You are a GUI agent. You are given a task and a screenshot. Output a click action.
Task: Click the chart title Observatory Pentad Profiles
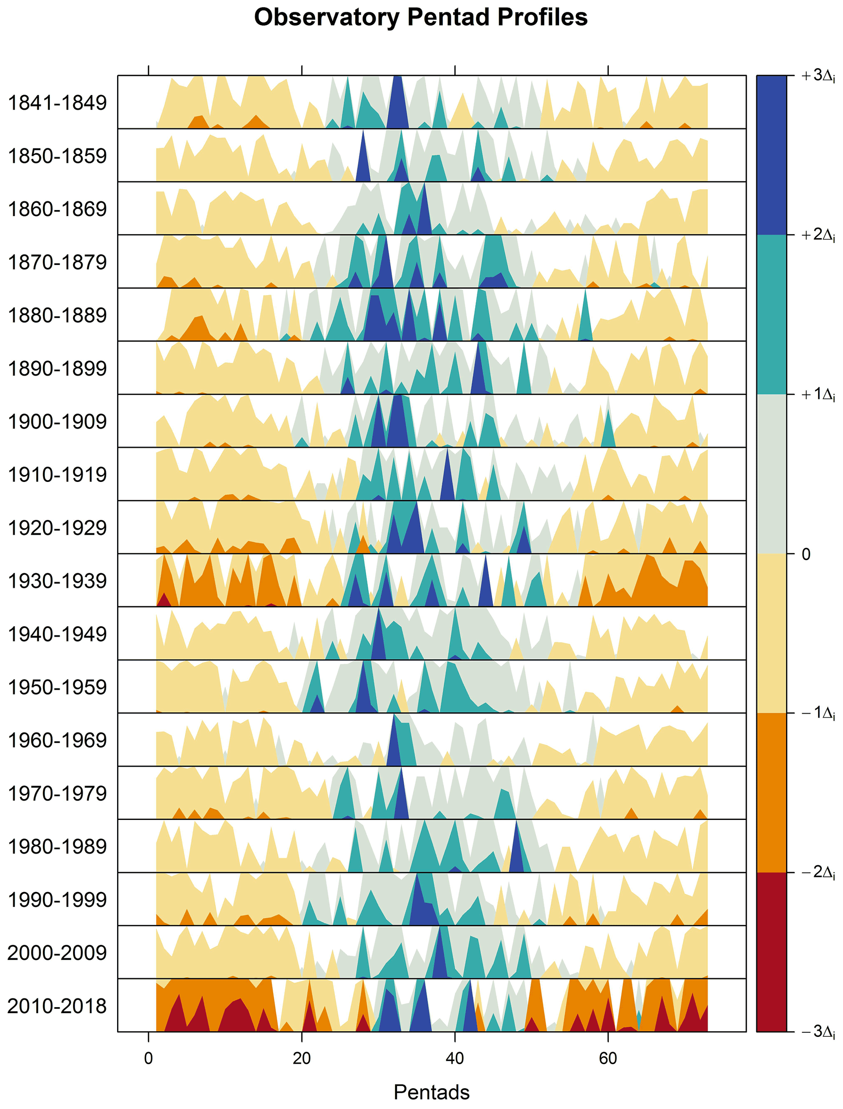420,18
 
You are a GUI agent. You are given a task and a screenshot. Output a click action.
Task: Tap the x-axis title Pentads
431,1091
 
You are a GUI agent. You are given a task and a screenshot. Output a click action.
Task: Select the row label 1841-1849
57,103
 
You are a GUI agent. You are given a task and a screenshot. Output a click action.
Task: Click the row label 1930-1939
57,581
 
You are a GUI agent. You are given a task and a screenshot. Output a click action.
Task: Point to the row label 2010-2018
57,1006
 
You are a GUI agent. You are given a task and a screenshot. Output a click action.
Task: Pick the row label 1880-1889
57,316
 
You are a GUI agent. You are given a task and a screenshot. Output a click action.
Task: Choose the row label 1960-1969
57,740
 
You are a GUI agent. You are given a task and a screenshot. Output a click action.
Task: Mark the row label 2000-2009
57,952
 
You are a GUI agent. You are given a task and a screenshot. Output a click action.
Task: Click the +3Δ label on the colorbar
817,76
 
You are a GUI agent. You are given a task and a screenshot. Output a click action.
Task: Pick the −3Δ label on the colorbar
817,1031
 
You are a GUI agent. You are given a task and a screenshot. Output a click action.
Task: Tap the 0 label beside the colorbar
806,554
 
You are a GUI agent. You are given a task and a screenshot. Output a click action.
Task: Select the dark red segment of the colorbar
771,952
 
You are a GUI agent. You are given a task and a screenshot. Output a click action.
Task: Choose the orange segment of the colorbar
771,792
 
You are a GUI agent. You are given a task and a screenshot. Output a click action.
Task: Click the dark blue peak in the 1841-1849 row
397,108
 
